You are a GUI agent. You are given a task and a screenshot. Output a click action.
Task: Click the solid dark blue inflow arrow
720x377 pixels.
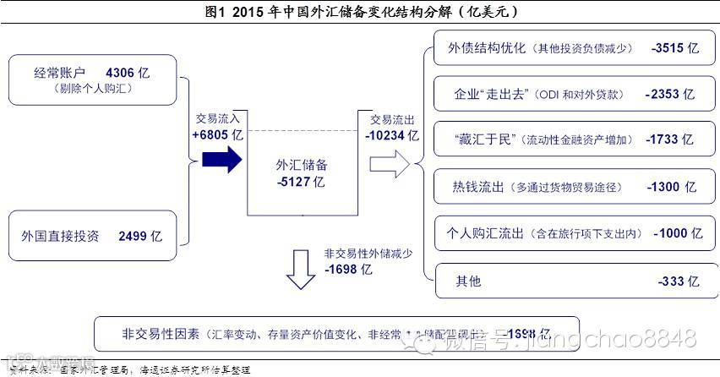tap(222, 159)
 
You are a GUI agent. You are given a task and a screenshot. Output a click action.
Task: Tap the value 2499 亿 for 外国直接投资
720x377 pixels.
tap(134, 236)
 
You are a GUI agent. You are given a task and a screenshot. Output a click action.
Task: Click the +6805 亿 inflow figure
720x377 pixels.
tap(217, 134)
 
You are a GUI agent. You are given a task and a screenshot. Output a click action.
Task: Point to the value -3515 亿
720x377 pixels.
tap(675, 48)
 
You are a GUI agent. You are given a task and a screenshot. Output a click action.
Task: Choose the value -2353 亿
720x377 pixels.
tap(669, 94)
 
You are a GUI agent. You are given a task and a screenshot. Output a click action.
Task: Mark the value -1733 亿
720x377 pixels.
tap(668, 139)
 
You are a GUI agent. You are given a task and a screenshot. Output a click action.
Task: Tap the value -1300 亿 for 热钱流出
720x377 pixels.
tap(671, 187)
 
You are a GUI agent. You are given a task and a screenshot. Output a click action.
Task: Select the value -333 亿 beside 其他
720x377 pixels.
tap(678, 281)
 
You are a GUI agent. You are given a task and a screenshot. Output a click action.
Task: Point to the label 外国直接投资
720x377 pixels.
tap(61, 236)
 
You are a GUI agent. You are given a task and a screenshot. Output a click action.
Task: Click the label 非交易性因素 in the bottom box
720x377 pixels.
tap(149, 334)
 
